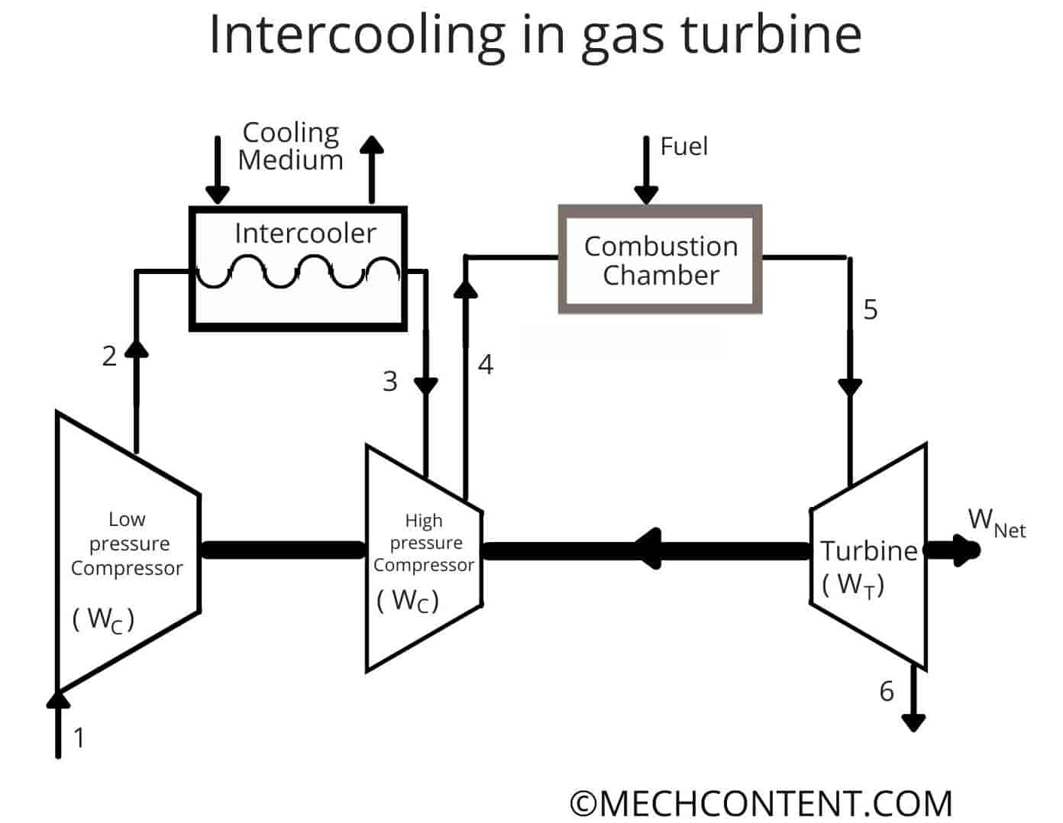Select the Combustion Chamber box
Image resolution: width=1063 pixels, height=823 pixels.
661,260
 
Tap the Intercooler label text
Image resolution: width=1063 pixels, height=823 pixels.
305,233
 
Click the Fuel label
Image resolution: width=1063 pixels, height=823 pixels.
683,147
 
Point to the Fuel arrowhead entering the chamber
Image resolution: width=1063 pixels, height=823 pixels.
646,194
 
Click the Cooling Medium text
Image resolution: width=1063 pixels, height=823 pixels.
290,146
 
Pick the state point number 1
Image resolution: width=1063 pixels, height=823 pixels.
79,737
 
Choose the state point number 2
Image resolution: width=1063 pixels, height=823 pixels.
109,356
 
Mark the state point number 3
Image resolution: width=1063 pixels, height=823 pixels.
389,381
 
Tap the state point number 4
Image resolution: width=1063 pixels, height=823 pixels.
486,365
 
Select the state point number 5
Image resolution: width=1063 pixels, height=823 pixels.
871,310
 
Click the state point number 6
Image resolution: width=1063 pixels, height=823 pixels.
886,691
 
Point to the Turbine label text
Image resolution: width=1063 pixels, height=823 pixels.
869,550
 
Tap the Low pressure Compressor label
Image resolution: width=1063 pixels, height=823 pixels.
127,544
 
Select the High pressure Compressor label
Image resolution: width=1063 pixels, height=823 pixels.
424,543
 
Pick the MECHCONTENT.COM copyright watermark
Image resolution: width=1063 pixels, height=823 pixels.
761,803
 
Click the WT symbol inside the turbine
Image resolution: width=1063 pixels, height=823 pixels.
854,585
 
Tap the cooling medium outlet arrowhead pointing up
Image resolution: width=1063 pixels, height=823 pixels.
372,145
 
